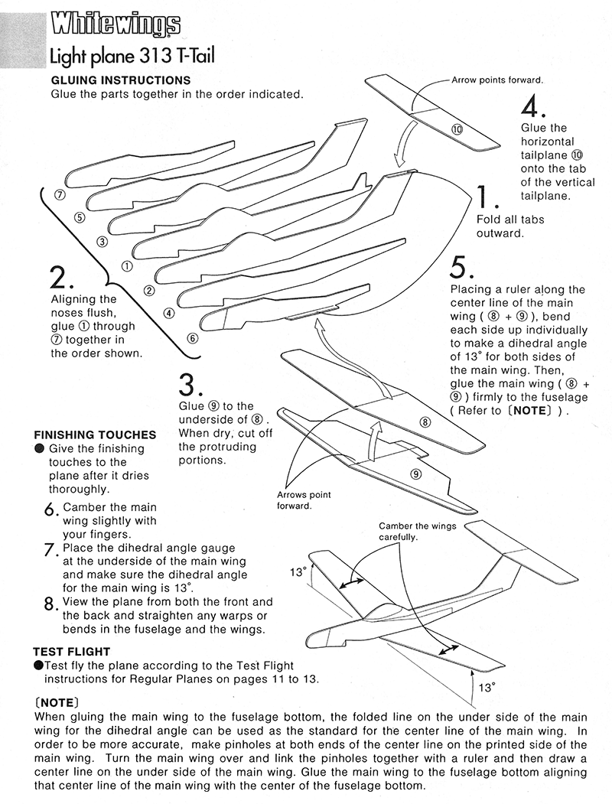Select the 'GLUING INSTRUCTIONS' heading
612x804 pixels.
click(x=120, y=80)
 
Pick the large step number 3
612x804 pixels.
click(x=190, y=383)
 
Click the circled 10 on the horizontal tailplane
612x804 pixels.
click(x=457, y=129)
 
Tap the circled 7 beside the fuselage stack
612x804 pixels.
click(x=59, y=195)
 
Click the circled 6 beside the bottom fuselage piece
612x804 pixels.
click(x=192, y=337)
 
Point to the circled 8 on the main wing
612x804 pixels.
click(x=425, y=422)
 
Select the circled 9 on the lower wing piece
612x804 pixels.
click(x=415, y=474)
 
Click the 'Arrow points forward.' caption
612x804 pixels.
click(x=497, y=80)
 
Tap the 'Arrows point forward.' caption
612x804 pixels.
click(x=304, y=500)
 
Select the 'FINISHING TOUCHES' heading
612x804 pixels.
click(x=95, y=435)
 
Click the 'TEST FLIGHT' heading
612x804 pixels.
click(x=71, y=652)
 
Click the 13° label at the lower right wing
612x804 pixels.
click(x=484, y=687)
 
